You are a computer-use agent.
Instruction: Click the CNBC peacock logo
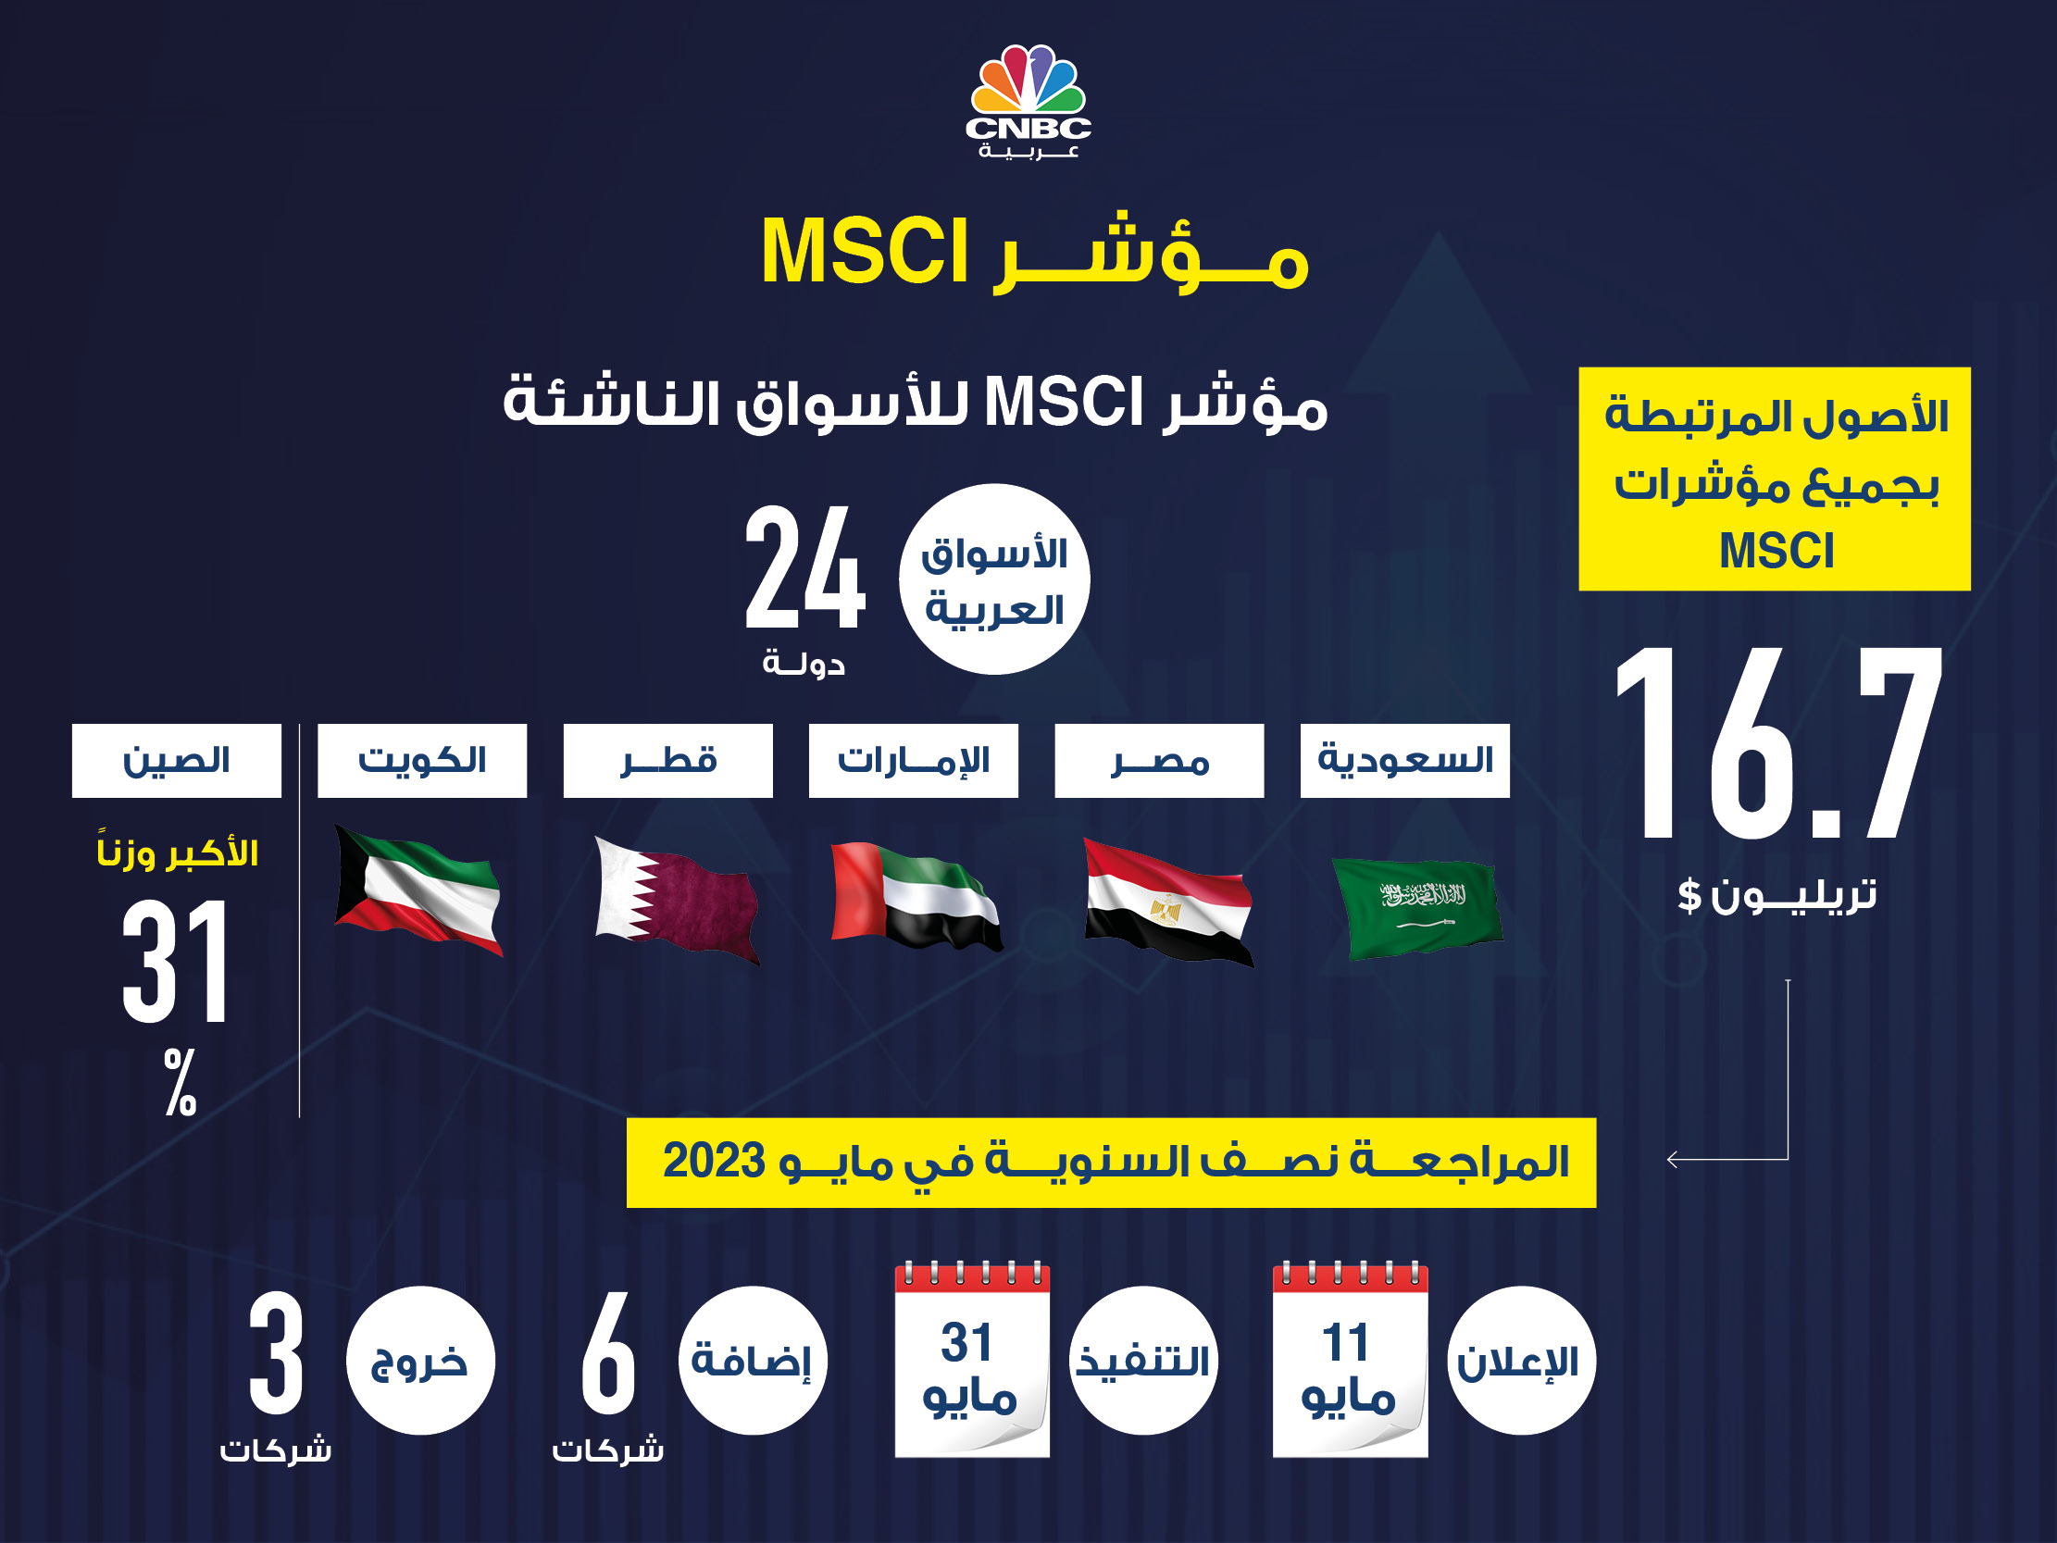pos(1028,101)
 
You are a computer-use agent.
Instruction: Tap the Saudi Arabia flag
pos(1418,908)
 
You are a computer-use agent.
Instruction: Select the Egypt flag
pos(1169,902)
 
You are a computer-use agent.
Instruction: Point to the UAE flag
pos(916,897)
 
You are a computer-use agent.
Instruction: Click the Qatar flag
pos(677,900)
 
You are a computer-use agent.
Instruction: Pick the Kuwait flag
pos(418,890)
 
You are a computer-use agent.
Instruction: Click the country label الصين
pos(177,761)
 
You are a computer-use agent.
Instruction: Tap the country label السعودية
pos(1405,761)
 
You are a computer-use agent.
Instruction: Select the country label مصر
pos(1160,761)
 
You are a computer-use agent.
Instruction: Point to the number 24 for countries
pos(805,567)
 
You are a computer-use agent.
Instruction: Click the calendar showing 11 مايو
pos(1351,1359)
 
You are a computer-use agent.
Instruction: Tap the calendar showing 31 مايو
pos(973,1359)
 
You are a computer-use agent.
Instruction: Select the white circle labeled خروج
pos(420,1361)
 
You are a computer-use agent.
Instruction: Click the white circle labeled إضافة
pos(753,1361)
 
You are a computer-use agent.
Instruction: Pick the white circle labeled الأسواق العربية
pos(994,579)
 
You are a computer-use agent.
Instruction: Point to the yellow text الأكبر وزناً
pos(177,851)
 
